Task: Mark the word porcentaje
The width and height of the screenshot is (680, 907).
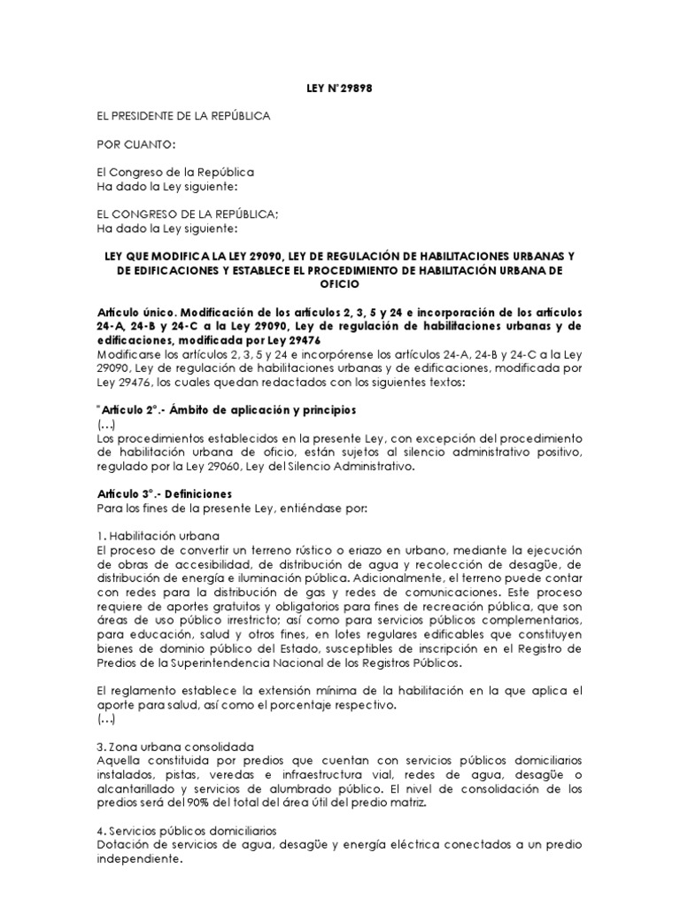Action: pos(312,704)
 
